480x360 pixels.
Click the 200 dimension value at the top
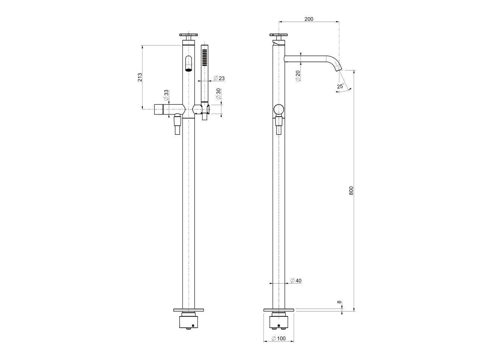point(309,19)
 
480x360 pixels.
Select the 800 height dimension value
point(351,190)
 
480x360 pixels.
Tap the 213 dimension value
point(140,77)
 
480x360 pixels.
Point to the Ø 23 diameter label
point(219,78)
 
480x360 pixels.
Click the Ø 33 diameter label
point(166,95)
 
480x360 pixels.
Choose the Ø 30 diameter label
point(218,94)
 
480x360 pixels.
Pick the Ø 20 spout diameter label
point(298,76)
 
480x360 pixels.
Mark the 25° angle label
point(341,86)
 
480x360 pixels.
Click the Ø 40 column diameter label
point(296,281)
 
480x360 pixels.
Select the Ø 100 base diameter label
point(279,338)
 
